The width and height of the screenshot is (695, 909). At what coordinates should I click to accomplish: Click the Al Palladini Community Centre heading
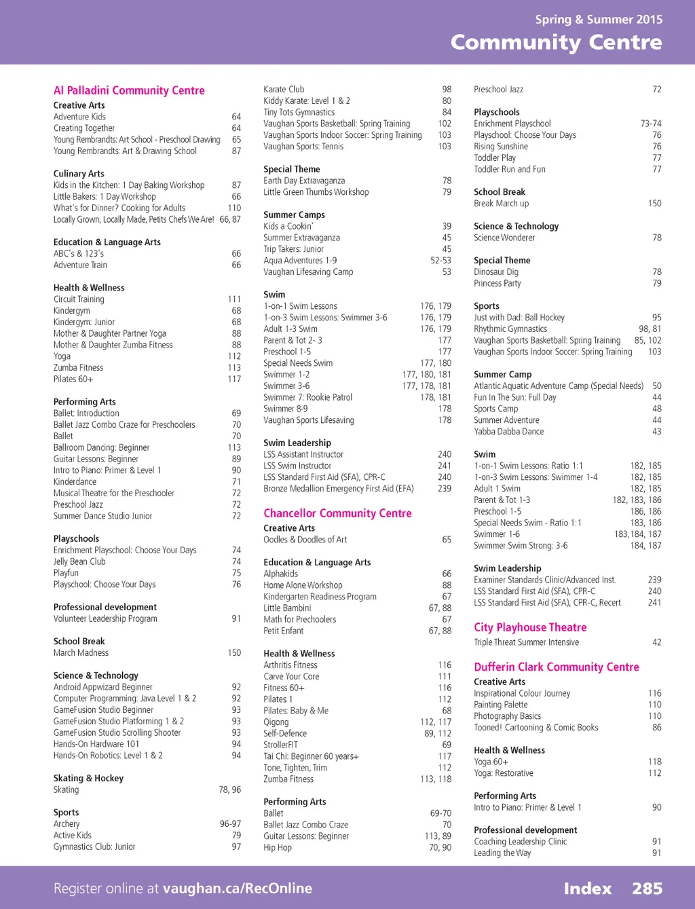[x=129, y=90]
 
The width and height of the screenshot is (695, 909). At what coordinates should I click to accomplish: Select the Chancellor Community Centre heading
[x=337, y=513]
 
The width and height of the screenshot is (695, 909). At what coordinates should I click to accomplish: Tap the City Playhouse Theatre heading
[x=530, y=627]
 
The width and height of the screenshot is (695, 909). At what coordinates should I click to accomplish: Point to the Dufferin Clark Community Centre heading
[x=557, y=667]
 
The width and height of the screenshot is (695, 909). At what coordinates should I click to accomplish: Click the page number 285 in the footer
[x=647, y=888]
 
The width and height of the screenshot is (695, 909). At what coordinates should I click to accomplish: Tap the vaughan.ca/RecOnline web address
[x=238, y=888]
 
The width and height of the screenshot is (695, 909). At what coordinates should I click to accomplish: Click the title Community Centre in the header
[x=556, y=42]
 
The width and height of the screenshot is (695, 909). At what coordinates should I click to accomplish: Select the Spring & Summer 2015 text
[x=599, y=19]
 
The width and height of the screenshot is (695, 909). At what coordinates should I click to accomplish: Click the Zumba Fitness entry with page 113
[x=78, y=367]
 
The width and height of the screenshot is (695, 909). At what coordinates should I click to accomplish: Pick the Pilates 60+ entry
[x=73, y=379]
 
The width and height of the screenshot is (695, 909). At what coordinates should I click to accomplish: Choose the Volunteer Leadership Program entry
[x=105, y=618]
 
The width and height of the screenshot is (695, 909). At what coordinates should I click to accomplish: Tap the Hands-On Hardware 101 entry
[x=96, y=743]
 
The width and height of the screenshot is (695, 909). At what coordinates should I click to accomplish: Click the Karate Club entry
[x=284, y=89]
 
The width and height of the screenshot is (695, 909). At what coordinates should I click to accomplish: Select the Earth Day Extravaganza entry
[x=304, y=181]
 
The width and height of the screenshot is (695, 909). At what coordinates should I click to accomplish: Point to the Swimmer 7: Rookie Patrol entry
[x=307, y=397]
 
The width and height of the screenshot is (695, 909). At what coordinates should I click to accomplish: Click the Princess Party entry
[x=497, y=283]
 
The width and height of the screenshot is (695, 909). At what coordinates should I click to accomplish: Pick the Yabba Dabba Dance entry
[x=508, y=431]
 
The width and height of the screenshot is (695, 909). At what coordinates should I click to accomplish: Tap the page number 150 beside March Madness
[x=234, y=652]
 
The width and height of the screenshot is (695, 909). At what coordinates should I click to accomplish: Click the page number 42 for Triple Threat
[x=656, y=642]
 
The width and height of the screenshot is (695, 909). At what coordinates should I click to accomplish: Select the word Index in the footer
[x=587, y=888]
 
